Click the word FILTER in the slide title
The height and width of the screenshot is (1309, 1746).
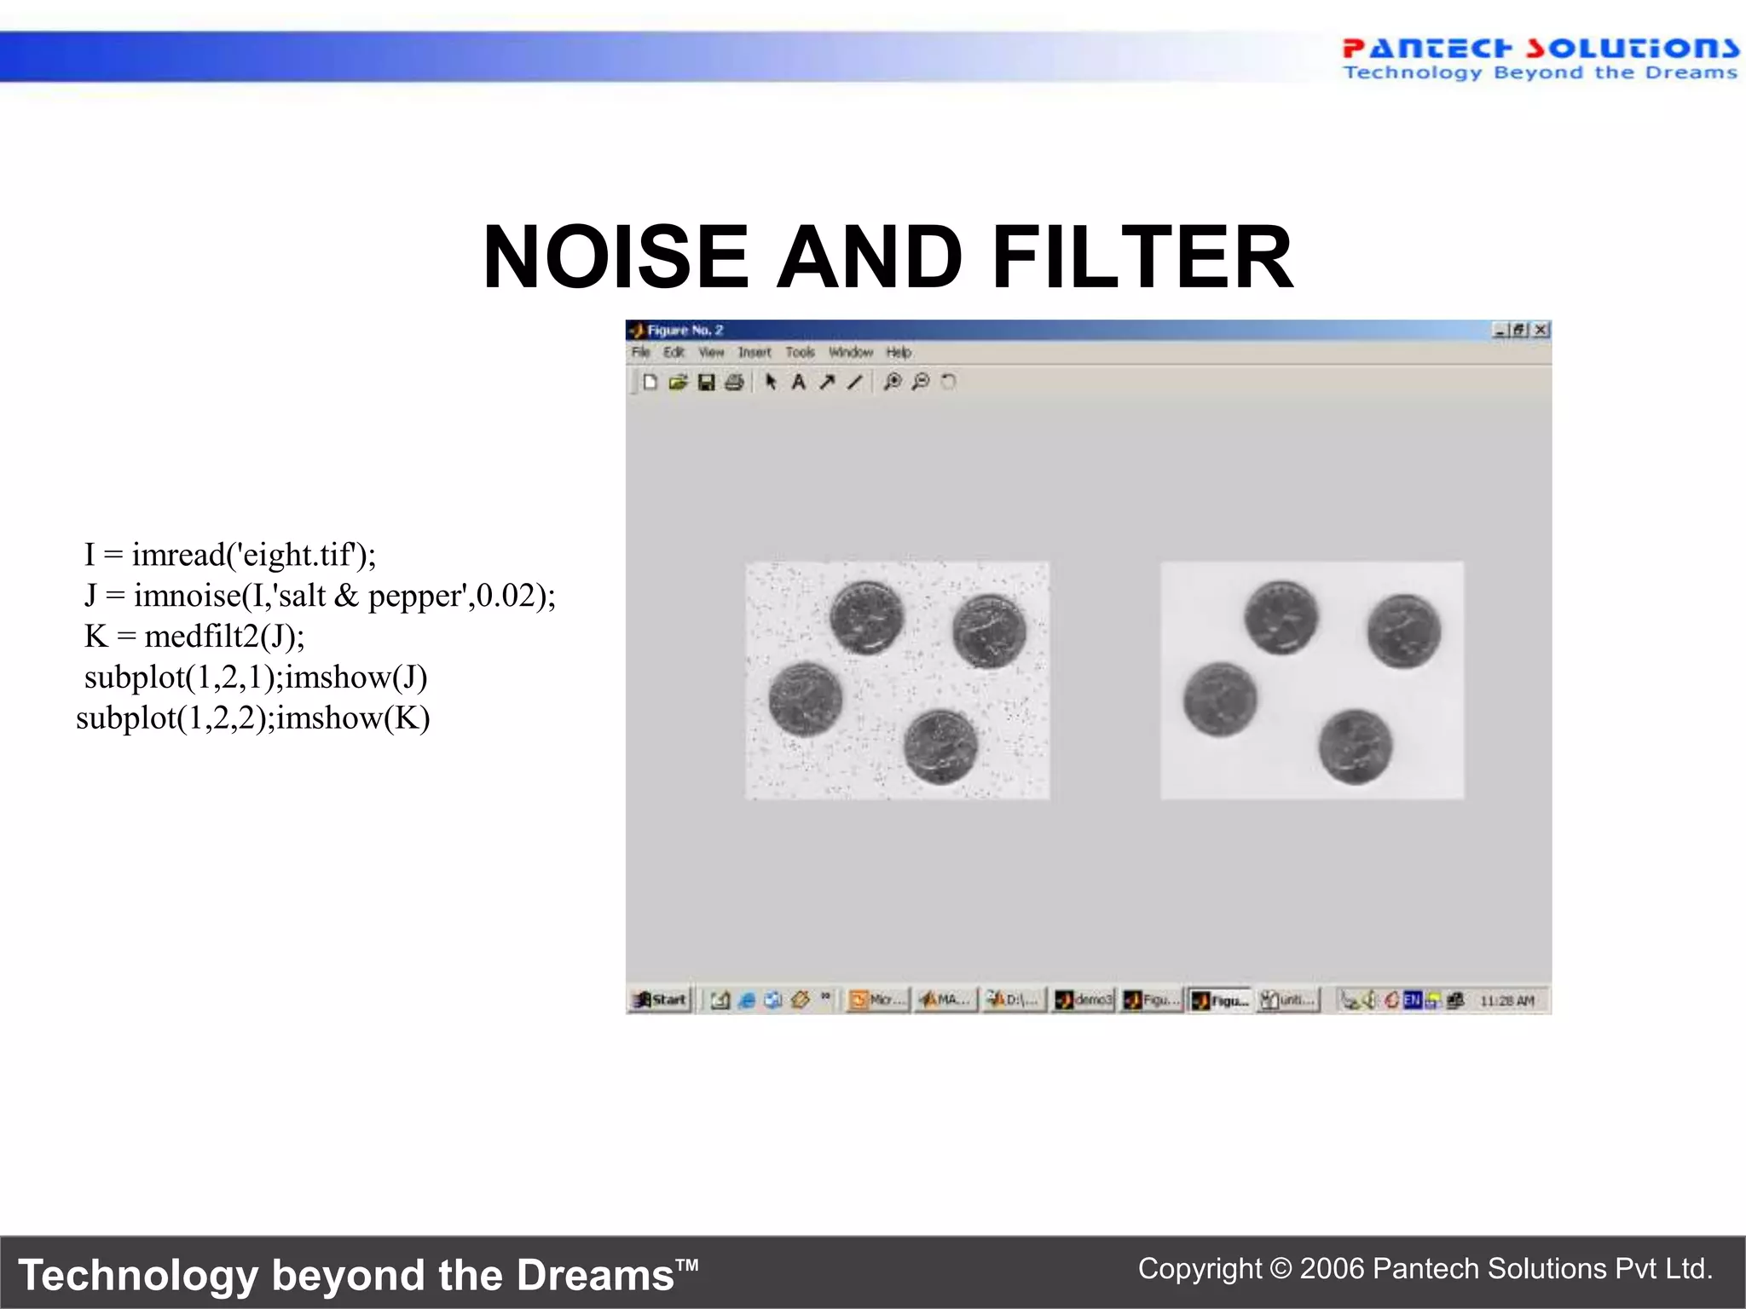tap(1142, 257)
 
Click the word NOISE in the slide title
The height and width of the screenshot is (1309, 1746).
tap(616, 257)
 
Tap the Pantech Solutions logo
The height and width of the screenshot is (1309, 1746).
tap(1539, 59)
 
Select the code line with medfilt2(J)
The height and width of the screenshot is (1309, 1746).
tap(194, 637)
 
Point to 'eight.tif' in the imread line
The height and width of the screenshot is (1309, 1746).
tap(295, 555)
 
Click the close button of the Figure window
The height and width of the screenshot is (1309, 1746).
tap(1541, 330)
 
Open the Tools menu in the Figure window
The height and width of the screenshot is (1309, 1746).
tap(800, 352)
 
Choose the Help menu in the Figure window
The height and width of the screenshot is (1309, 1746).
tap(899, 352)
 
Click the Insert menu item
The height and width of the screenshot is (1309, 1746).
tap(754, 352)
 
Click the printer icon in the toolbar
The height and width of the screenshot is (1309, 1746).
tap(734, 382)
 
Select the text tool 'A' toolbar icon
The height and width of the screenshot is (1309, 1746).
tap(798, 382)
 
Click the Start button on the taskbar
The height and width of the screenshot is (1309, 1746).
tap(661, 1000)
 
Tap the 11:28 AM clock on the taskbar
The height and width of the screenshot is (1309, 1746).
tap(1506, 1000)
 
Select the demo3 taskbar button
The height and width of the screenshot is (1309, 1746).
tap(1084, 1000)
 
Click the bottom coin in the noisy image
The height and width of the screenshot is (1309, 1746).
tap(940, 747)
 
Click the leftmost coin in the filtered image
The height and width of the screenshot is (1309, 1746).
tap(1220, 700)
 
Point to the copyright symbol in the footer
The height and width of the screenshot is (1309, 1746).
tap(1281, 1269)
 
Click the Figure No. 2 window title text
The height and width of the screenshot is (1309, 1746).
tap(685, 330)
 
